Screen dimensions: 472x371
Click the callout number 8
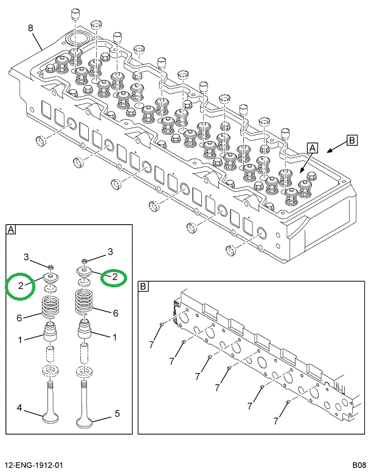[30, 28]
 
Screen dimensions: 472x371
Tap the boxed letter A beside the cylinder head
[312, 148]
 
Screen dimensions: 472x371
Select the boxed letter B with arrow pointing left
[352, 140]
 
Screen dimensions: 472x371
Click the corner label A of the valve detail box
[12, 230]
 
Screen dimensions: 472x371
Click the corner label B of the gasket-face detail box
[144, 286]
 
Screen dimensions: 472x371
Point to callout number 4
[19, 408]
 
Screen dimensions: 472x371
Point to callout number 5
[117, 414]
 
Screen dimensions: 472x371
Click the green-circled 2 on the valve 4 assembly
[20, 285]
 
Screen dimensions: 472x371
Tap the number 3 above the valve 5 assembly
[110, 251]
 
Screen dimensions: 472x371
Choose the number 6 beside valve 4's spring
[19, 318]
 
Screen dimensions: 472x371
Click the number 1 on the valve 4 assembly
[19, 340]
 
